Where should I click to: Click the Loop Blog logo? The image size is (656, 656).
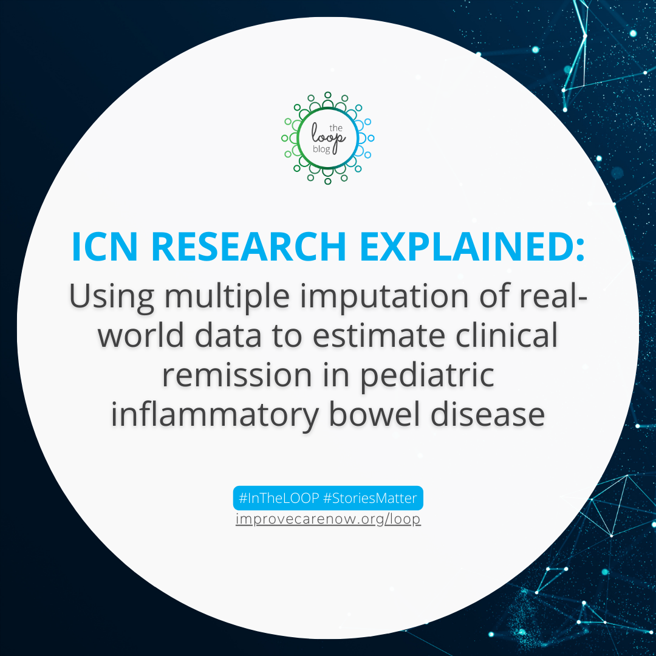tap(328, 138)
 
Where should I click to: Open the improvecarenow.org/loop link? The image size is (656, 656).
tap(328, 519)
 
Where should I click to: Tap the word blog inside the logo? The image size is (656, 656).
tap(323, 149)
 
